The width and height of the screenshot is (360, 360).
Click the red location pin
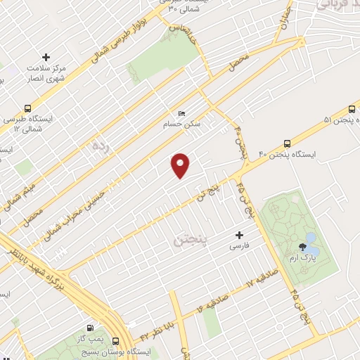click(181, 165)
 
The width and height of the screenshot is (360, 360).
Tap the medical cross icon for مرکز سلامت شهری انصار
click(46, 57)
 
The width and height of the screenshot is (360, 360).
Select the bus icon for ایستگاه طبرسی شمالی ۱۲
click(27, 109)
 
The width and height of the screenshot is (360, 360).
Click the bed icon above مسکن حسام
click(182, 113)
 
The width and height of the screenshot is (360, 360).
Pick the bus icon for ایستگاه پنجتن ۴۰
click(286, 142)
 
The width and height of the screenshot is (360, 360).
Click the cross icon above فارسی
click(239, 235)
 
